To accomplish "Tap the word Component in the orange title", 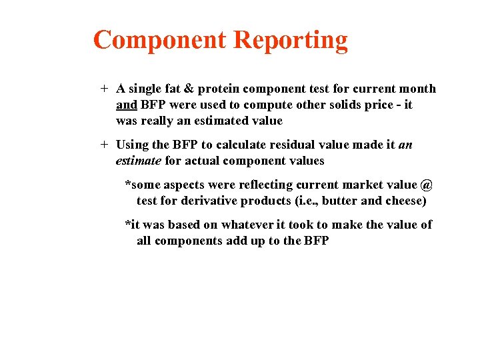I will click(161, 41).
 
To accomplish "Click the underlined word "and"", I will click(126, 105).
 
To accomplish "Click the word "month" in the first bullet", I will click(417, 89).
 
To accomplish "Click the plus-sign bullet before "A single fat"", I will click(104, 89).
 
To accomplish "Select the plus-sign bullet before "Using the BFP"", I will click(104, 145).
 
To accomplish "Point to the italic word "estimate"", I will click(138, 161).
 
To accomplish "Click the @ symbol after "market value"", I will click(427, 185).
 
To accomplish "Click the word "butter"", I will click(340, 201).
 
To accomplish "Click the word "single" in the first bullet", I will click(147, 89).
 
